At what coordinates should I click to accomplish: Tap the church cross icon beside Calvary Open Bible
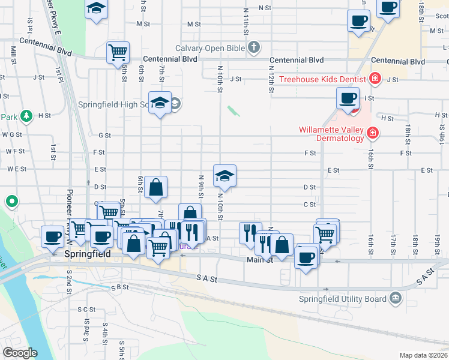coord(254,47)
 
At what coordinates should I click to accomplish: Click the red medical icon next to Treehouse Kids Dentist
coord(376,78)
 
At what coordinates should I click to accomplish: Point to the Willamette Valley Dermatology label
coord(331,134)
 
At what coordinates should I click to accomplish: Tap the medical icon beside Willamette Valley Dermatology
coord(373,131)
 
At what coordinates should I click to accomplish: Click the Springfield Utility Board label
coord(342,299)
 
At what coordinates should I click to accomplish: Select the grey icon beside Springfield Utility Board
coord(395,297)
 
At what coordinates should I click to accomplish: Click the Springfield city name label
coord(87,254)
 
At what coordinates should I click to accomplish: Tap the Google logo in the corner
coord(20,353)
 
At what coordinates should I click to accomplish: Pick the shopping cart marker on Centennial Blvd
coord(118,52)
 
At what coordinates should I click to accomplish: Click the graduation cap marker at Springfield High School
coord(160,103)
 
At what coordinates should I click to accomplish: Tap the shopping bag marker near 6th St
coord(155,187)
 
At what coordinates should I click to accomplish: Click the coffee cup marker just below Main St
coord(306,257)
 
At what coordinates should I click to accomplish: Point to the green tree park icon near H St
coord(26,115)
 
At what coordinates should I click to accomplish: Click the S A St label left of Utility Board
coord(205,278)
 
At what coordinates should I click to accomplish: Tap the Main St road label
coord(260,260)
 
